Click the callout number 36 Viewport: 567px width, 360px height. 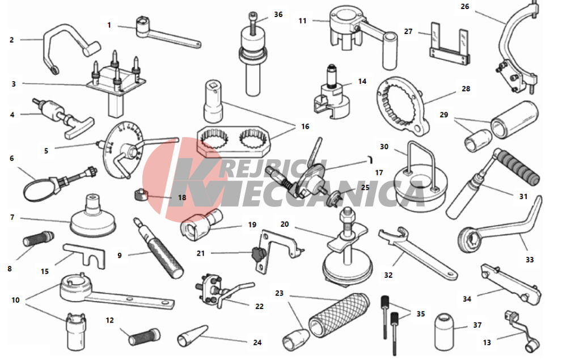coord(278,15)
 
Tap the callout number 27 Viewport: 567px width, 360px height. coord(408,31)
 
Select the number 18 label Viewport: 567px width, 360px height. coord(182,197)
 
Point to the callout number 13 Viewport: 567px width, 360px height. coord(487,342)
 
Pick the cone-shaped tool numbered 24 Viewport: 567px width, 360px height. coord(192,335)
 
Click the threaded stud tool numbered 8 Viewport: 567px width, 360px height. coord(39,239)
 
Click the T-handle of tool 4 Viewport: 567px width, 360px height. coord(79,126)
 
